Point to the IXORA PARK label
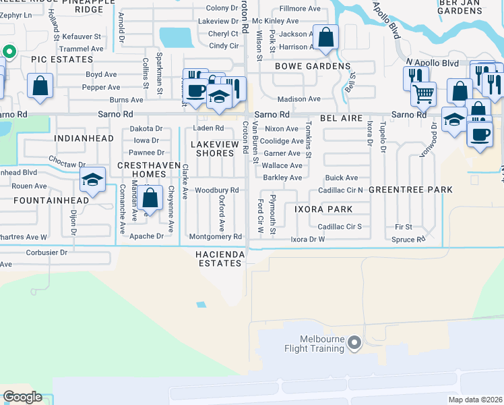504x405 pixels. (x=323, y=209)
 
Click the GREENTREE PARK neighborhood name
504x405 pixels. (x=410, y=190)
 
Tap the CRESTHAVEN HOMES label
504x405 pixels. (x=141, y=170)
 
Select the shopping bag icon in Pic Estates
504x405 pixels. (x=40, y=86)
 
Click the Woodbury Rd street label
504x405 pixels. (x=218, y=190)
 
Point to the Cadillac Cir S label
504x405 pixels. (x=340, y=226)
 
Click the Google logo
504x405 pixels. (x=23, y=397)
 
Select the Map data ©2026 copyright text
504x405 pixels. (x=474, y=400)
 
